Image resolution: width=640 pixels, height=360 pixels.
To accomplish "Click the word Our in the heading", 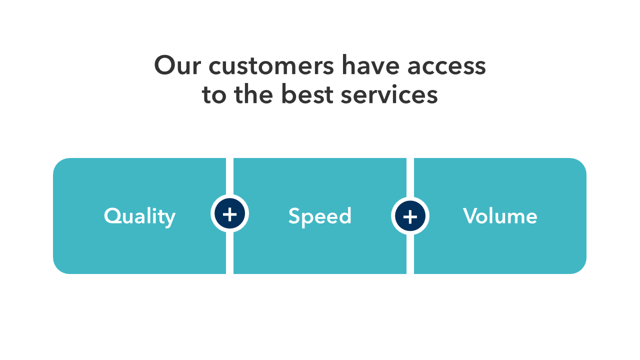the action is click(x=177, y=65).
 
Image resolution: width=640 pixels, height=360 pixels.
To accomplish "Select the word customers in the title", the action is click(x=271, y=66).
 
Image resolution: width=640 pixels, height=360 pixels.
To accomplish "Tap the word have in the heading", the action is click(x=370, y=65).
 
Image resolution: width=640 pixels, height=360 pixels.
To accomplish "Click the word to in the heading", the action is click(x=214, y=95).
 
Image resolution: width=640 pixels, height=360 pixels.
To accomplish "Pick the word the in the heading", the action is click(x=253, y=93).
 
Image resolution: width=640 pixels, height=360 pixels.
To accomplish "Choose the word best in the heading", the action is click(x=307, y=93).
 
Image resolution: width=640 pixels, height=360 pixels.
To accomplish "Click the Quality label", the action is click(x=139, y=217).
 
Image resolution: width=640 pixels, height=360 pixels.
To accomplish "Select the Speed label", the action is click(x=319, y=217).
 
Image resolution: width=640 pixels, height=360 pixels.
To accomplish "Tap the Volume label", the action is click(x=500, y=215).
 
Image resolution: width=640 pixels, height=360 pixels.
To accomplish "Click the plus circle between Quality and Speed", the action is click(x=229, y=213).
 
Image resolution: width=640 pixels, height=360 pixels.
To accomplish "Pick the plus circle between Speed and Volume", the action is click(x=410, y=215).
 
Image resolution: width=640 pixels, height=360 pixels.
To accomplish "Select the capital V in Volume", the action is click(x=471, y=215).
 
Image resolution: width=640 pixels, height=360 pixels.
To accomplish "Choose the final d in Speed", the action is click(x=345, y=215).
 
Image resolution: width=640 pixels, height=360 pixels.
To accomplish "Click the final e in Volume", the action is click(x=531, y=218).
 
